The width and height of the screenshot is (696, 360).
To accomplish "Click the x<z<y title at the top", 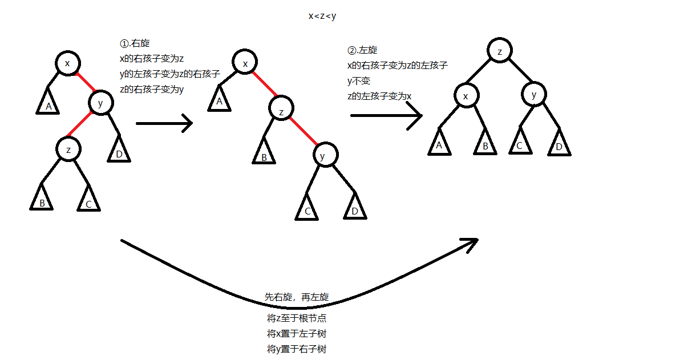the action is [322, 16].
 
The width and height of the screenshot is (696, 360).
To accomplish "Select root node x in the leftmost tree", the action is [68, 63].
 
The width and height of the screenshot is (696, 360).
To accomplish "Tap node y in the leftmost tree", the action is [100, 103].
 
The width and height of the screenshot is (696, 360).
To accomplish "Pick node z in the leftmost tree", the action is [68, 149].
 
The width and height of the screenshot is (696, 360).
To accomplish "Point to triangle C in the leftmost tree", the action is [88, 199].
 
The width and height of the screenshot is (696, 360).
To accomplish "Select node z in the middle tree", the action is [281, 108].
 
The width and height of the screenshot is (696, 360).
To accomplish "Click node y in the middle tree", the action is [326, 155].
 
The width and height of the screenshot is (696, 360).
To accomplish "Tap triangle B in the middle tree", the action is [264, 151].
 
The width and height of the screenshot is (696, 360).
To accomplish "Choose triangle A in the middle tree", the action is [220, 99].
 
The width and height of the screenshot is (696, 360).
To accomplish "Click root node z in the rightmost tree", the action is [500, 50].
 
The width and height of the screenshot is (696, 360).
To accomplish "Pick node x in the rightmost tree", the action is [466, 95].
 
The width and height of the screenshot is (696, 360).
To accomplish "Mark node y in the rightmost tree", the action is [534, 94].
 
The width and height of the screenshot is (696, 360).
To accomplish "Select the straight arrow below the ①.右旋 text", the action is [164, 123].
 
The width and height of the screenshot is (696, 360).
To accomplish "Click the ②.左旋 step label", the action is [362, 50].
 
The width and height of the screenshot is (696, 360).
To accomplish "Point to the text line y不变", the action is [359, 81].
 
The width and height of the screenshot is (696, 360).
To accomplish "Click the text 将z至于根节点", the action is [297, 318].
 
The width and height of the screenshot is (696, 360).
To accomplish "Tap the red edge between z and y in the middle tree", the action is [304, 131].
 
